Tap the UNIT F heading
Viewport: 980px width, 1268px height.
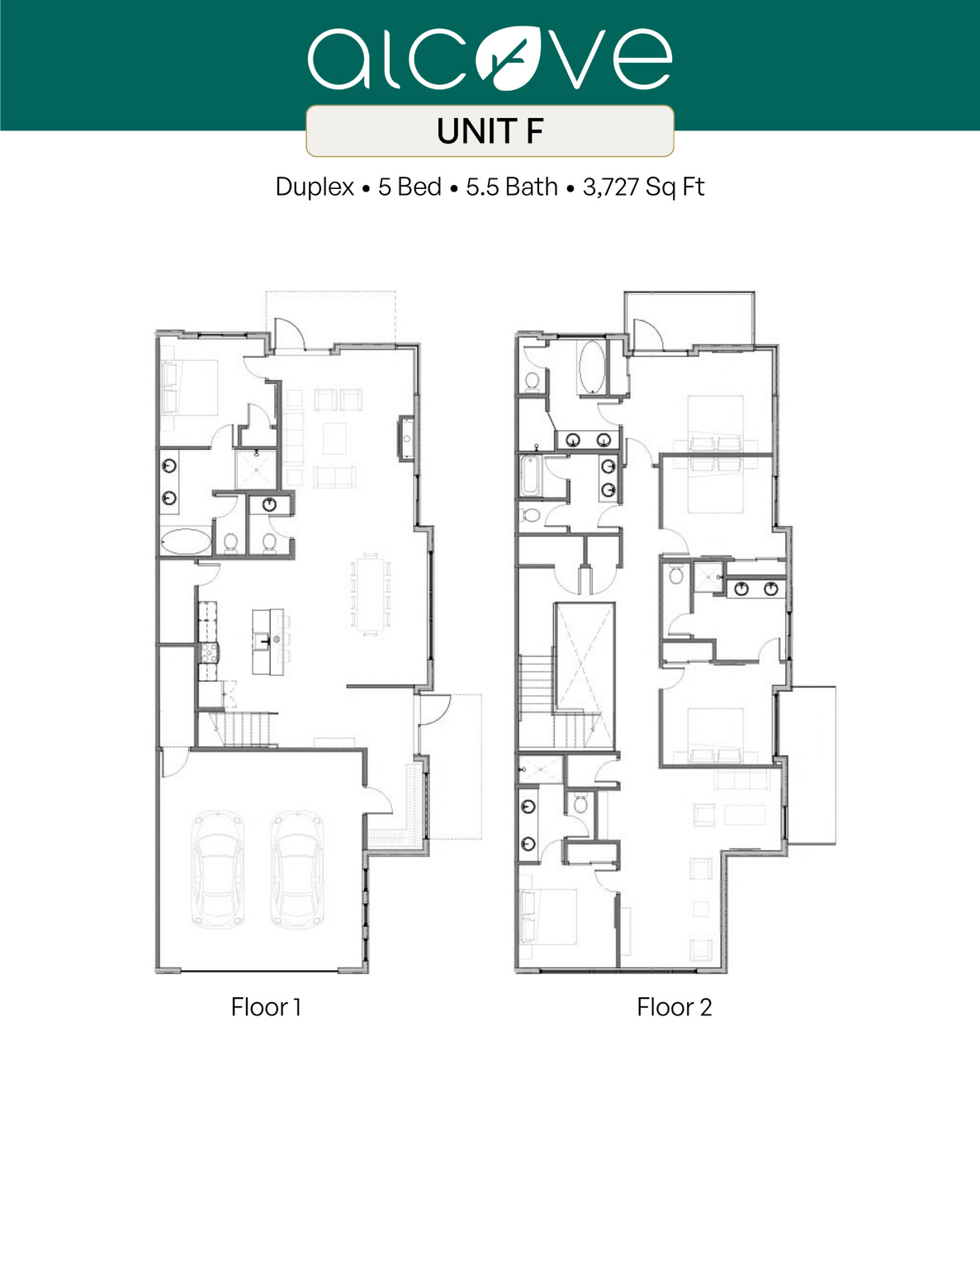point(490,131)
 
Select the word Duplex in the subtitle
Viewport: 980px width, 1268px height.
point(314,187)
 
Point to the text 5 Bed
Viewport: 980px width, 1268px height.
point(410,187)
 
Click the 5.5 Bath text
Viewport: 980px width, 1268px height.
point(512,187)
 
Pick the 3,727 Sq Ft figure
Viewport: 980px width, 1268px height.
point(643,187)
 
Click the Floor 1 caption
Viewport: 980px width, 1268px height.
point(266,1007)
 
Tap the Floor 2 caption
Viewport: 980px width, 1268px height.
point(674,1007)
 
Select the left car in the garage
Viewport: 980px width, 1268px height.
point(217,868)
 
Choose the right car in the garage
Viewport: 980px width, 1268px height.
point(297,868)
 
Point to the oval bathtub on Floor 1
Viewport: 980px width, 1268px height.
point(186,542)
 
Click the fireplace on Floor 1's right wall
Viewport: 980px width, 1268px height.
point(405,438)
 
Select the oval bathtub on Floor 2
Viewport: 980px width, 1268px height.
point(591,367)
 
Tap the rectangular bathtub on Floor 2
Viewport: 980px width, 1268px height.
point(529,476)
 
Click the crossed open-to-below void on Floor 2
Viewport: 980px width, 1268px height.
point(585,656)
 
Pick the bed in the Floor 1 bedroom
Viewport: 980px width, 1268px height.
point(191,387)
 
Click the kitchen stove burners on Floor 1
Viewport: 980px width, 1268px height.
point(209,653)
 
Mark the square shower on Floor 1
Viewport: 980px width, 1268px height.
point(256,470)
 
